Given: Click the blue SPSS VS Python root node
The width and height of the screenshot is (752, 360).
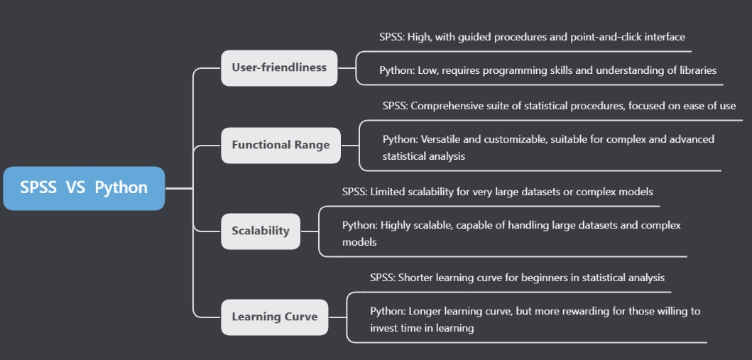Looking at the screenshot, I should [84, 188].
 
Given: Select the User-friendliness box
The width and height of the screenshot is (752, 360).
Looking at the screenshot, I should [279, 67].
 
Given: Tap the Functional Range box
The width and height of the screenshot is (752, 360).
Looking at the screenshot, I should [280, 145].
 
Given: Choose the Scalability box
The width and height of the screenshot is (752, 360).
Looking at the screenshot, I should [261, 231].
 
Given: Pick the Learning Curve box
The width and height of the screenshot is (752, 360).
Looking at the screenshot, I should [274, 317].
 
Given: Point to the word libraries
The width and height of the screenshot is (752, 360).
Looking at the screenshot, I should [696, 70].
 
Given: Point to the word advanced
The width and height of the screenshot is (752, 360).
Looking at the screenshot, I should [692, 139].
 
